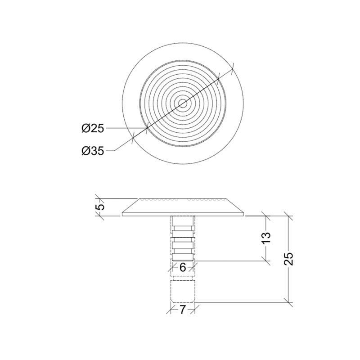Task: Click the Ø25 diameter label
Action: pyautogui.click(x=93, y=129)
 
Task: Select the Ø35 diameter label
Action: pyautogui.click(x=93, y=151)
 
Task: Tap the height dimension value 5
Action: pyautogui.click(x=101, y=207)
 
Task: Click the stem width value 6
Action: pyautogui.click(x=183, y=267)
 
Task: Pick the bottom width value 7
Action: pyautogui.click(x=183, y=310)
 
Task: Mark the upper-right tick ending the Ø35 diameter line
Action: pyautogui.click(x=233, y=68)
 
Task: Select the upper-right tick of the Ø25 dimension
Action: pyautogui.click(x=218, y=79)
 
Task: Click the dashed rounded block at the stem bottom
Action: pyautogui.click(x=183, y=291)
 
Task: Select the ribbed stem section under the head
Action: pyautogui.click(x=183, y=238)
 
